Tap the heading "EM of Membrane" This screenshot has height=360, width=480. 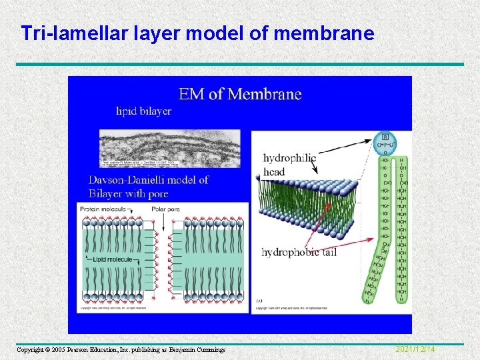pyautogui.click(x=240, y=94)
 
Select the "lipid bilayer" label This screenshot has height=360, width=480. pyautogui.click(x=143, y=111)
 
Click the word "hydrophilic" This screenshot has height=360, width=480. pyautogui.click(x=289, y=159)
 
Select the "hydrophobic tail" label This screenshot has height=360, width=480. pyautogui.click(x=299, y=252)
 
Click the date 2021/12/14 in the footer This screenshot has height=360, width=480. pyautogui.click(x=415, y=349)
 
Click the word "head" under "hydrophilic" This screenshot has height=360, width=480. pyautogui.click(x=274, y=171)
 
